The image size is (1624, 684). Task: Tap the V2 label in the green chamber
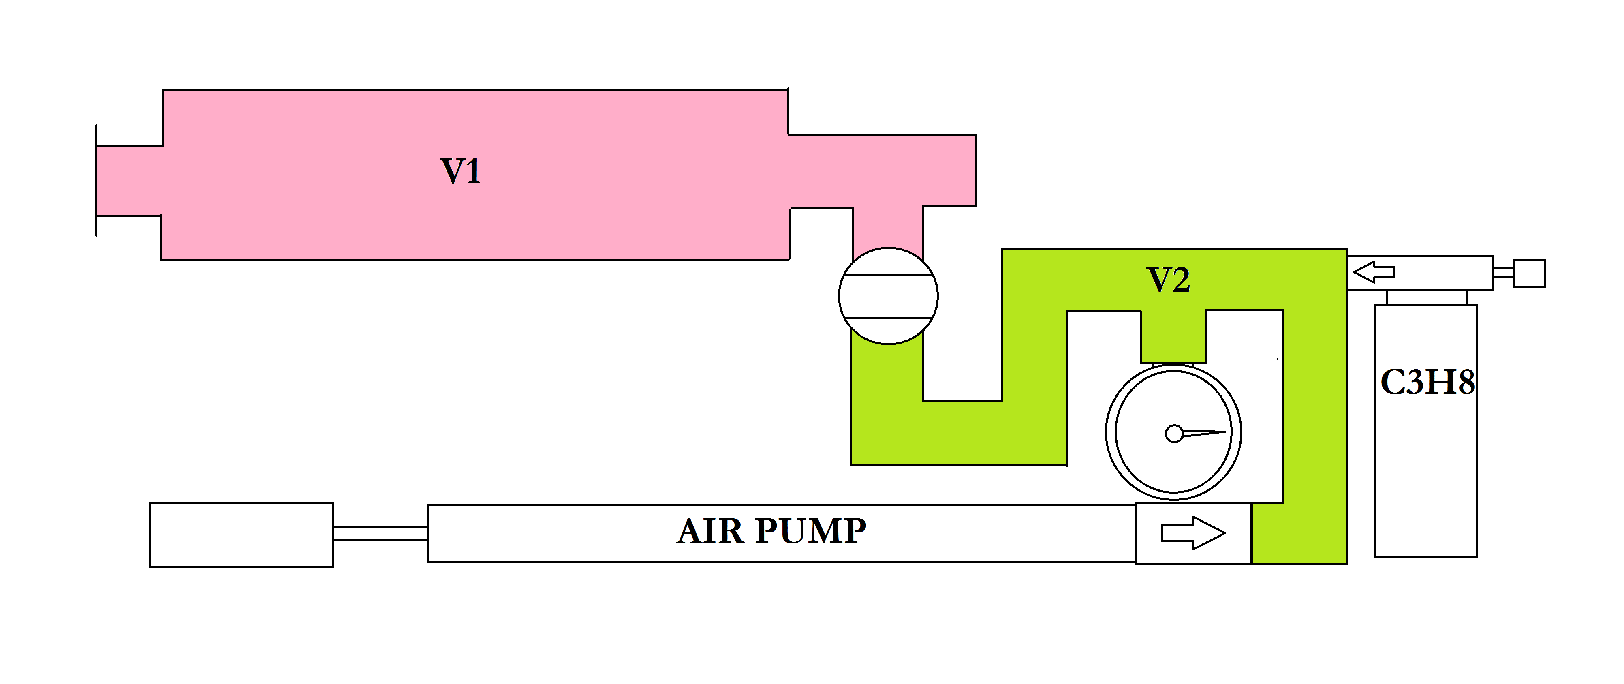coord(1168,280)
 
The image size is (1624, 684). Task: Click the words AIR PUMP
coord(771,532)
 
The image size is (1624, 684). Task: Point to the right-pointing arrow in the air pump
coord(1192,533)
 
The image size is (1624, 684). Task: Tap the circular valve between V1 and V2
coord(888,296)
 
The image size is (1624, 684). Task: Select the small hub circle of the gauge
coord(1174,434)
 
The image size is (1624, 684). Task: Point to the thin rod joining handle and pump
coord(380,533)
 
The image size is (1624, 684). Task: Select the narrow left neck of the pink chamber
coord(129,181)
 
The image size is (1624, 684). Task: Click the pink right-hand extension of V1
coord(883,170)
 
